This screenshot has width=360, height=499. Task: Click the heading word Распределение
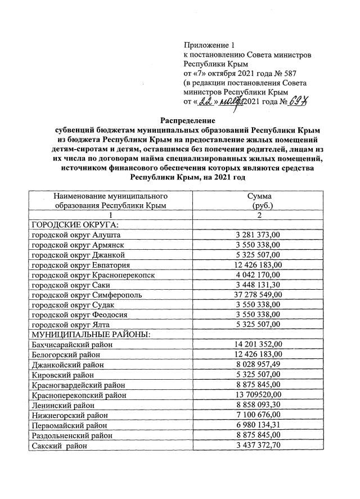pyautogui.click(x=188, y=120)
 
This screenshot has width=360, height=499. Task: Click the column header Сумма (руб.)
pyautogui.click(x=259, y=201)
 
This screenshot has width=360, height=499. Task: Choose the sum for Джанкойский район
pyautogui.click(x=259, y=365)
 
